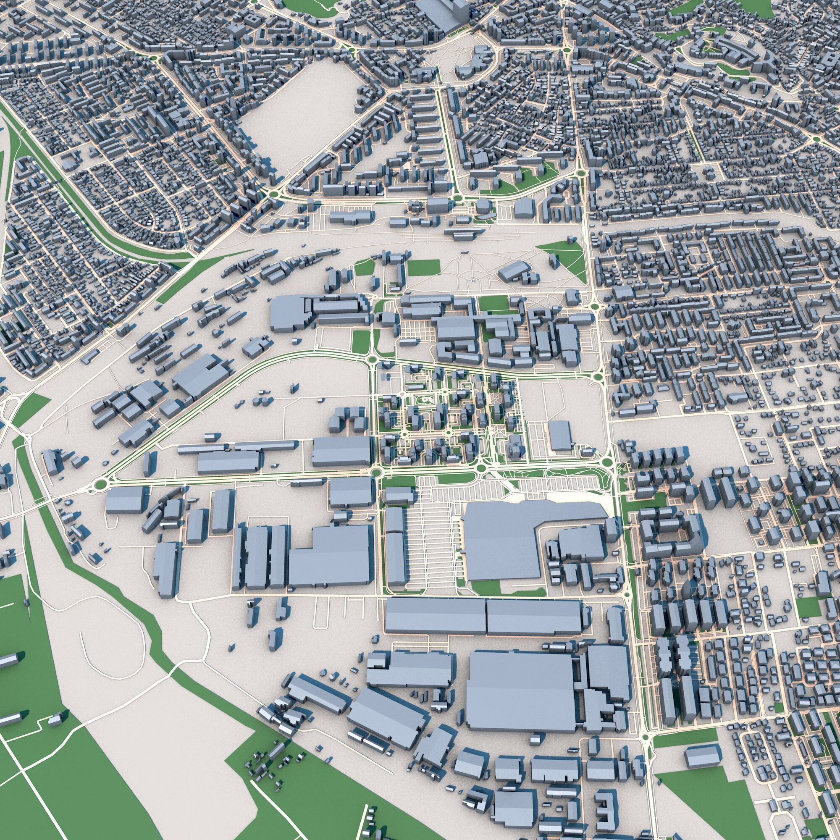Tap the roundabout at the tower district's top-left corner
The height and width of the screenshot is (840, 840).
[373, 359]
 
